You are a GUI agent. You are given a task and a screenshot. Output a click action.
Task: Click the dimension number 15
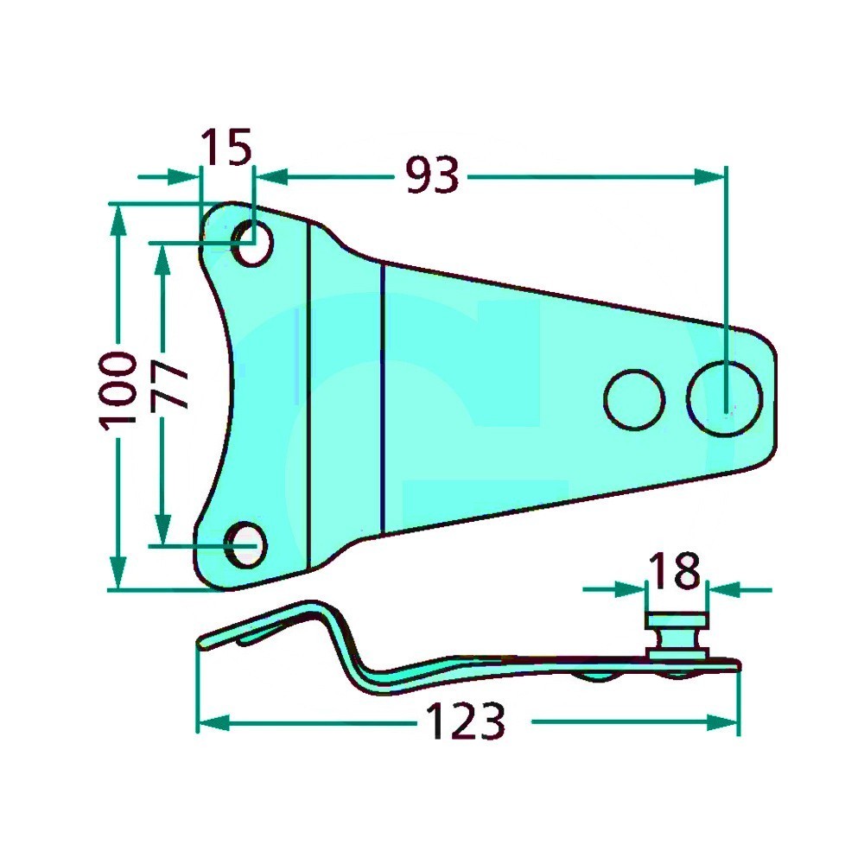pos(226,147)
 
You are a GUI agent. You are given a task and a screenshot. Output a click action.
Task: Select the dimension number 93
pos(432,175)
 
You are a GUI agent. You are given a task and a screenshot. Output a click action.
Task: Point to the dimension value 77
pos(169,385)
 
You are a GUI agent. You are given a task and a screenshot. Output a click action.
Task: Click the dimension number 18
pos(675,570)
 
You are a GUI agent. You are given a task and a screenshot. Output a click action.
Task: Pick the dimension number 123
pos(466,721)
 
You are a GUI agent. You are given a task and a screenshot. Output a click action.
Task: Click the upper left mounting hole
pos(253,245)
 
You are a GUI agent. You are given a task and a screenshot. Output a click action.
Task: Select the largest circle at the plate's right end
pos(725,398)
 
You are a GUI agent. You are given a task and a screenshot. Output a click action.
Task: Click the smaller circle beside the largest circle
pos(634,399)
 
